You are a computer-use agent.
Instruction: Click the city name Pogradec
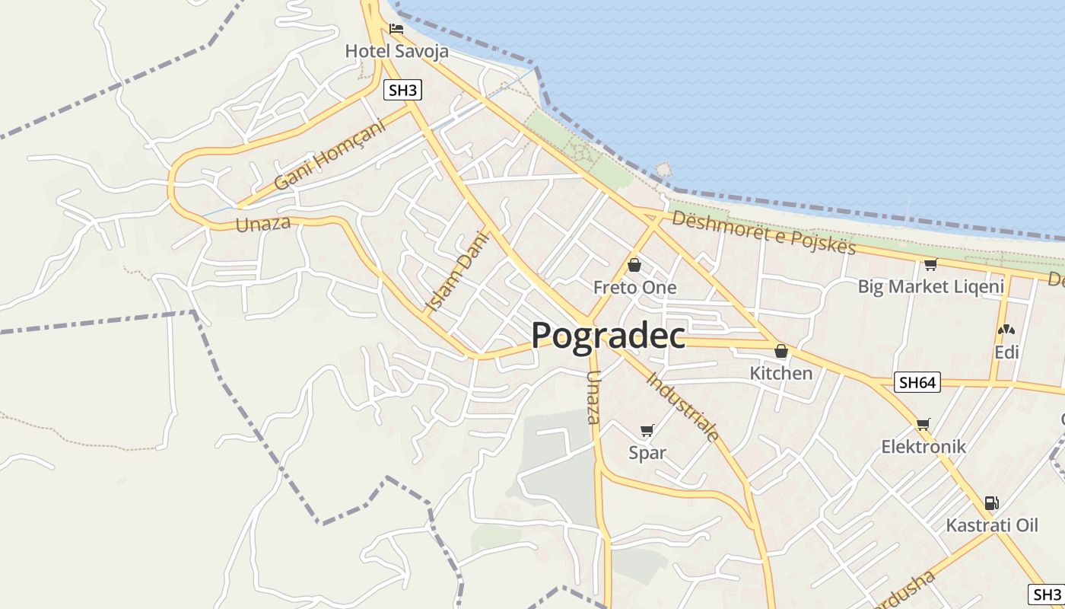pyautogui.click(x=608, y=335)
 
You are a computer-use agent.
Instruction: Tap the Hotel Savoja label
pyautogui.click(x=396, y=52)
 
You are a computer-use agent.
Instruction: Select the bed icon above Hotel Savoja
pyautogui.click(x=396, y=30)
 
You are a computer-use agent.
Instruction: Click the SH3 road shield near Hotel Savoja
pyautogui.click(x=402, y=91)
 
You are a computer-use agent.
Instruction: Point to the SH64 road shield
pyautogui.click(x=917, y=382)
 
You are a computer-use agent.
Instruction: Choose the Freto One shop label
pyautogui.click(x=634, y=288)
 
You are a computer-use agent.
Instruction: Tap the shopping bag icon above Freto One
pyautogui.click(x=634, y=265)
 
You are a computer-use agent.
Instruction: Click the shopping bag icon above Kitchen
pyautogui.click(x=780, y=351)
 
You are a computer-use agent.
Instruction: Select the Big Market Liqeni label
pyautogui.click(x=930, y=287)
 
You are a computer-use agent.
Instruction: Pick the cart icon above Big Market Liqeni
pyautogui.click(x=930, y=265)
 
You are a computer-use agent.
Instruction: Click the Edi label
pyautogui.click(x=1006, y=352)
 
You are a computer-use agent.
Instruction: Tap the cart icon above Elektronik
pyautogui.click(x=924, y=424)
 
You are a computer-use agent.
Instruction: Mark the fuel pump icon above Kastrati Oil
pyautogui.click(x=991, y=502)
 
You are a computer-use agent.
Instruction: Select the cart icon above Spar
pyautogui.click(x=647, y=431)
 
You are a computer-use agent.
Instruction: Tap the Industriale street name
pyautogui.click(x=683, y=407)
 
